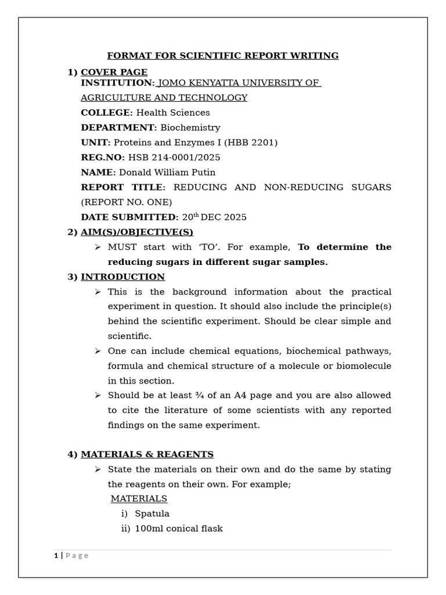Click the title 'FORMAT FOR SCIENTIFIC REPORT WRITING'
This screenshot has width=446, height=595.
(222, 56)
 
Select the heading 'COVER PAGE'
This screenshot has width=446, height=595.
(114, 72)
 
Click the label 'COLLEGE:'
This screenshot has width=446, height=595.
(107, 113)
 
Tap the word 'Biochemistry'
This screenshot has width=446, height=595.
(190, 128)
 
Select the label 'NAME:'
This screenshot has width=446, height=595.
(98, 173)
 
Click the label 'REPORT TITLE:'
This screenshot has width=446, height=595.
(123, 187)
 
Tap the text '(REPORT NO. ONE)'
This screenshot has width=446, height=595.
(126, 202)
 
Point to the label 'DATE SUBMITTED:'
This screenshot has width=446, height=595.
(130, 217)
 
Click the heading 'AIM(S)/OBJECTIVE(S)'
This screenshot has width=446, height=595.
(136, 232)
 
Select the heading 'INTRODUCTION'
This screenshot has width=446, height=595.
(123, 277)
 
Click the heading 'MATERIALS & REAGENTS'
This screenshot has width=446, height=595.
(147, 454)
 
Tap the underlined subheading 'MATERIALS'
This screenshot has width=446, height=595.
(139, 499)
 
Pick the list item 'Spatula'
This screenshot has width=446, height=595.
(152, 514)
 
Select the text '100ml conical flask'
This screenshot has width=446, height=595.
(178, 529)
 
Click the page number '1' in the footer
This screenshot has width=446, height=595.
(56, 555)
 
